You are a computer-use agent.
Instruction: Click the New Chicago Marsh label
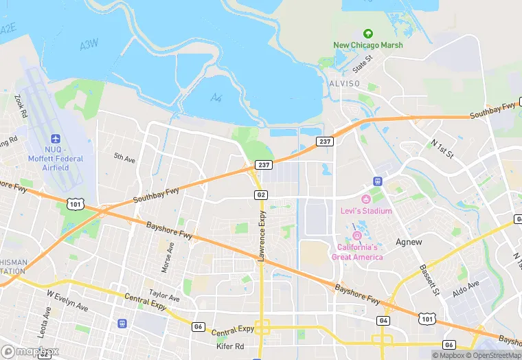pos(367,45)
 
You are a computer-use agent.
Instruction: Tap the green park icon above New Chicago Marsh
pos(367,33)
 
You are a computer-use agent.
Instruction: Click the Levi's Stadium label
pos(366,211)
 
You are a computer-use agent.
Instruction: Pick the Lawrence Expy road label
pos(262,236)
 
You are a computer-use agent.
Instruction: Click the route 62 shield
pos(261,195)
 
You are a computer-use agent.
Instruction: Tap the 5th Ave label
pos(124,158)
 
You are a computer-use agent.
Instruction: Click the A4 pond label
pos(217,98)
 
